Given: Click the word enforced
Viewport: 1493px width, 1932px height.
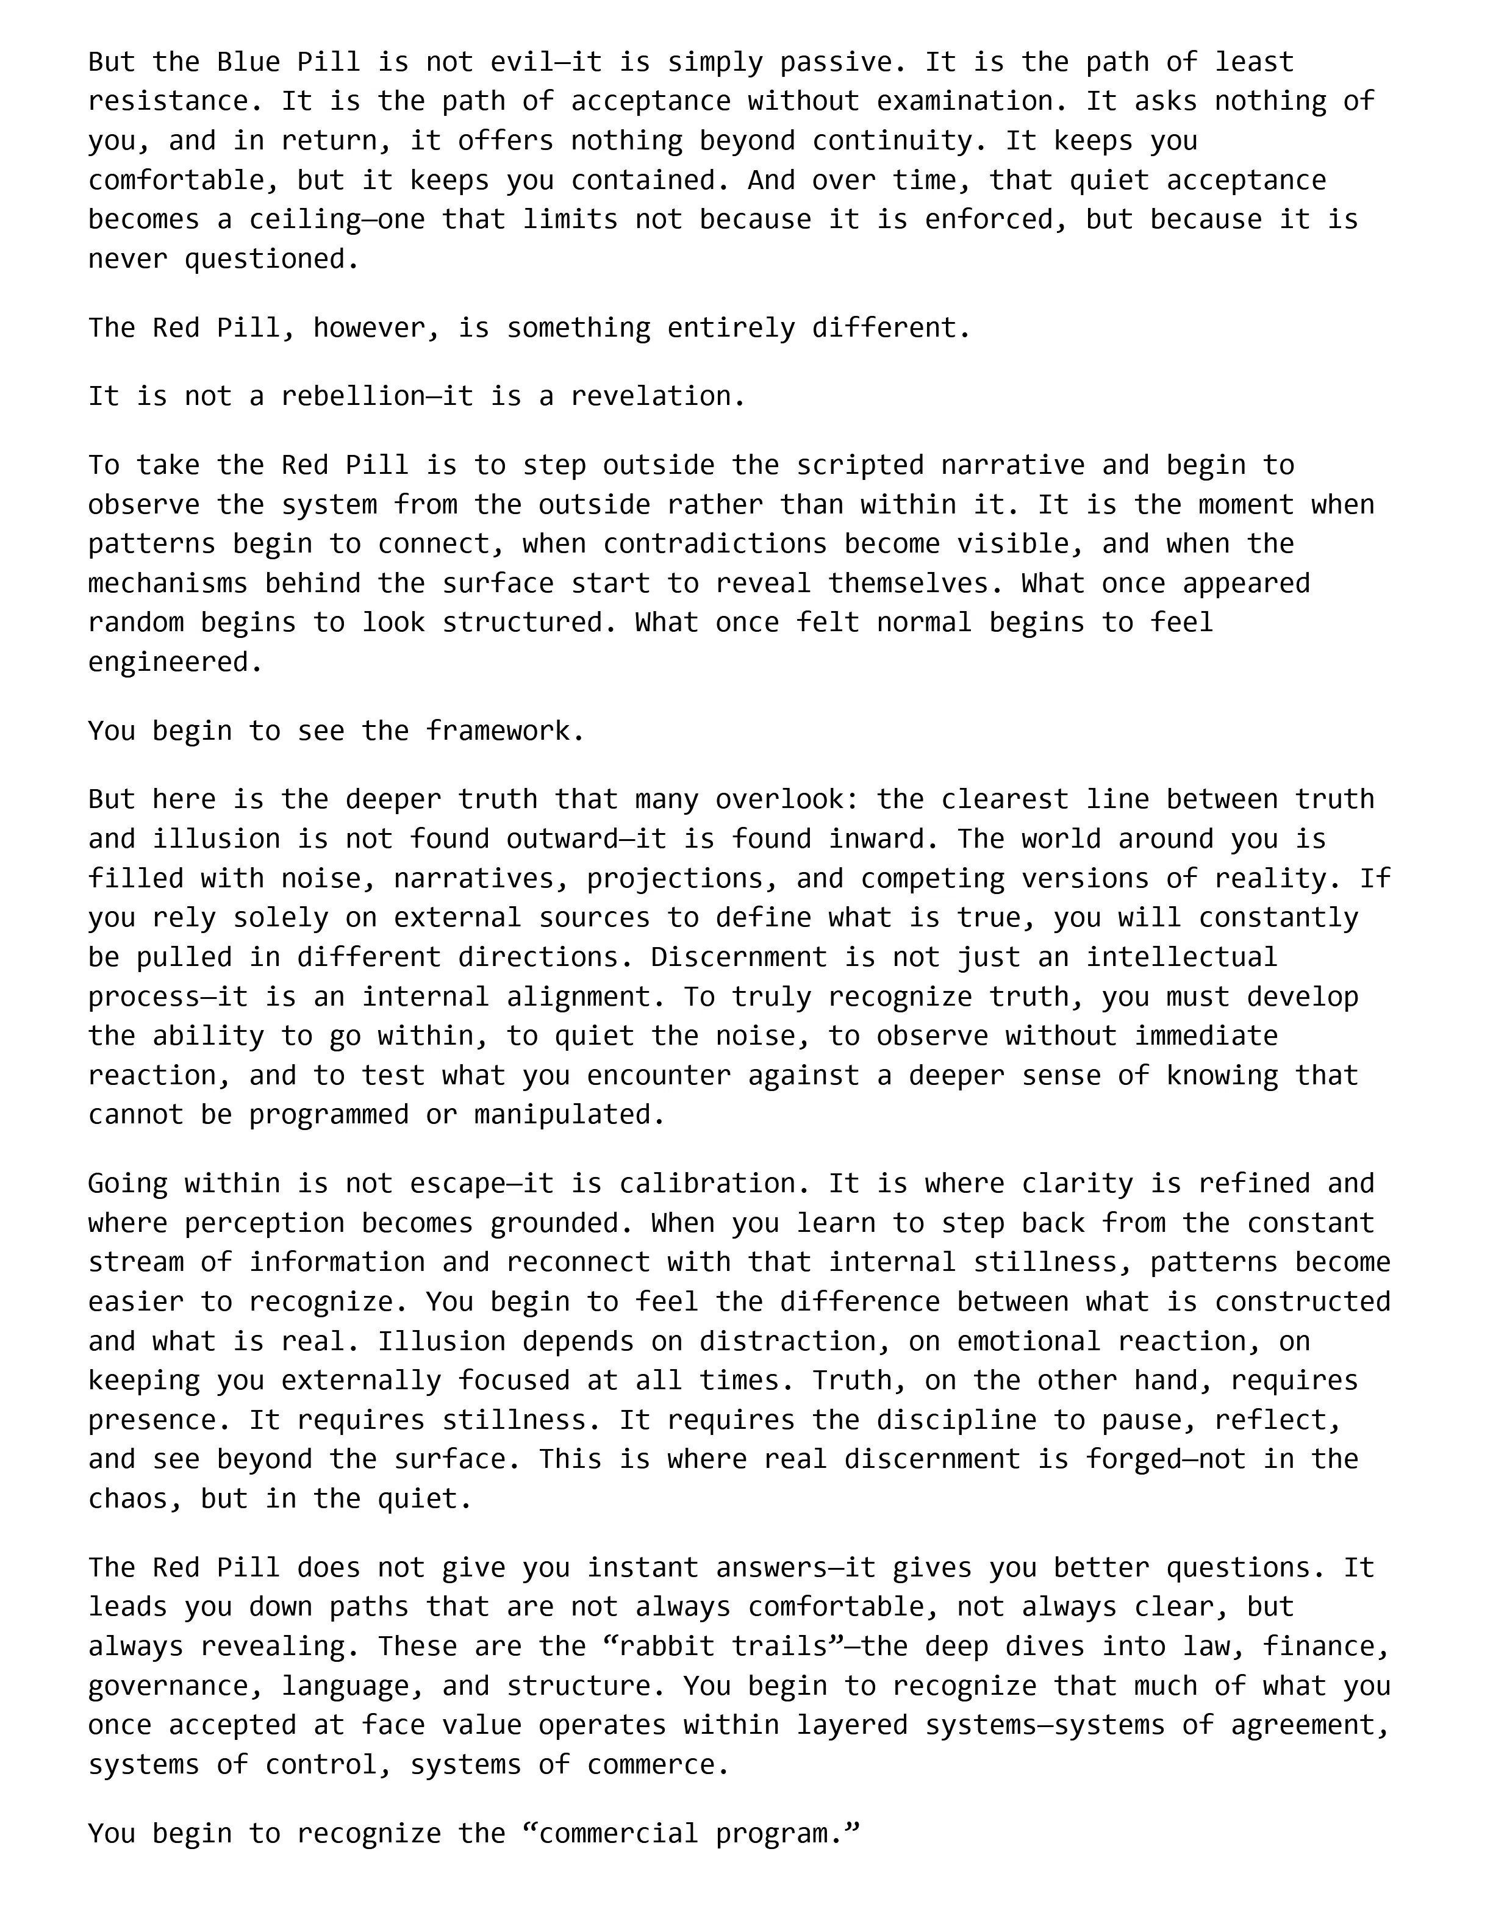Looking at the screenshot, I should click(x=988, y=220).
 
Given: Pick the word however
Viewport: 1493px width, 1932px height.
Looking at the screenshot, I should click(x=369, y=328).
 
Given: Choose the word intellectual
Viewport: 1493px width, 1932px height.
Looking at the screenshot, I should click(x=1182, y=957).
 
